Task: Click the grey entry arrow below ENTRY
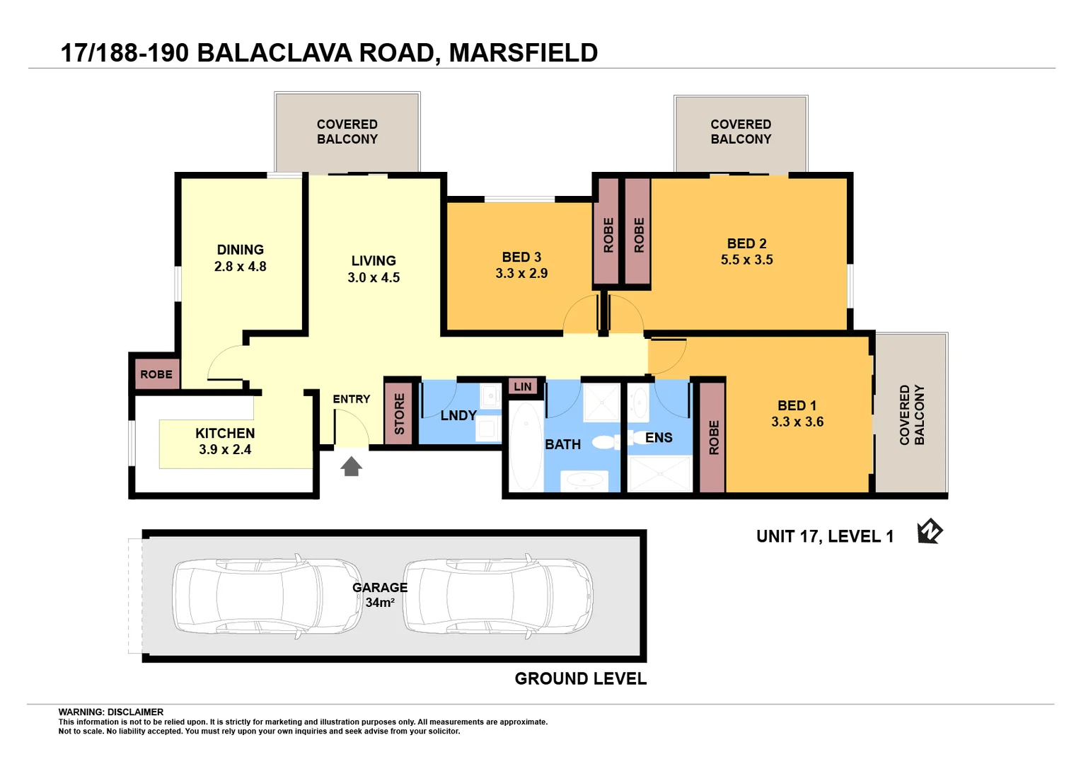coord(352,466)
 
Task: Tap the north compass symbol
coord(930,531)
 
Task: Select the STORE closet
coord(398,414)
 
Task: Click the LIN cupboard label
coord(523,386)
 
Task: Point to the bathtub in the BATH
coord(526,446)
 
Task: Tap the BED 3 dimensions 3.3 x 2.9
coord(521,274)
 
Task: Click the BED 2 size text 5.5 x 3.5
coord(746,260)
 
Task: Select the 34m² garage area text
coord(380,603)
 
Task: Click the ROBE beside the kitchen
coord(156,374)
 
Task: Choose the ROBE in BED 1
coord(713,437)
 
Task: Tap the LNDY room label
coord(458,415)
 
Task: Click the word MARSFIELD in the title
coord(523,53)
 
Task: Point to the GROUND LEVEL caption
coord(580,678)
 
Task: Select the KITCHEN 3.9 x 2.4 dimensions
coord(225,449)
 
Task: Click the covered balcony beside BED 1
coord(911,415)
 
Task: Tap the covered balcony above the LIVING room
coord(347,132)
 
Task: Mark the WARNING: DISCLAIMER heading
coord(111,712)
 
